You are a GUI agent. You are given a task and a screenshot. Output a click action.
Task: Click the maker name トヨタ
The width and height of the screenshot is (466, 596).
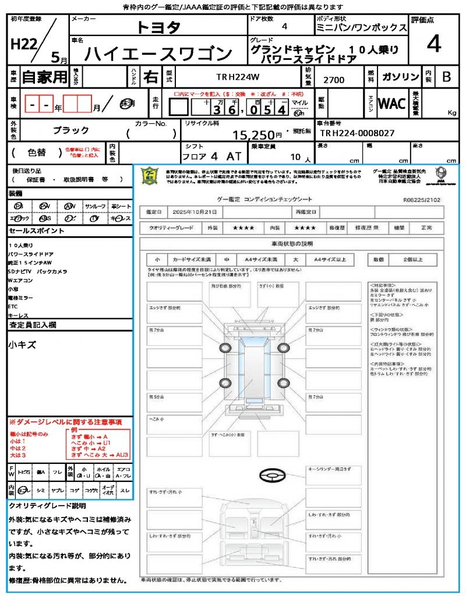158,27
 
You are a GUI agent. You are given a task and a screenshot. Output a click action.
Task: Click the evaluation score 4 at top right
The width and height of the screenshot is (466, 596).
433,44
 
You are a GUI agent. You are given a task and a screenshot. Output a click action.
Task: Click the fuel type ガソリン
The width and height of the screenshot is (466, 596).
401,77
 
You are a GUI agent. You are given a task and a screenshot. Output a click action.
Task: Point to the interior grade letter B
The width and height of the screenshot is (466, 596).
446,77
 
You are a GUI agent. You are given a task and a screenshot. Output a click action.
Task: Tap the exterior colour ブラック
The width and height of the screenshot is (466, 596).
71,130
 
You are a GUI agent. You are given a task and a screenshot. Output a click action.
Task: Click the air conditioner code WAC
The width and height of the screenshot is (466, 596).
392,104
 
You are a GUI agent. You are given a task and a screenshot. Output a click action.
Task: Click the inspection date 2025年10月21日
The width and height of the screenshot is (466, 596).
197,212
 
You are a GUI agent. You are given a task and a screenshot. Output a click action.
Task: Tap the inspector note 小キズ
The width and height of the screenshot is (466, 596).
22,345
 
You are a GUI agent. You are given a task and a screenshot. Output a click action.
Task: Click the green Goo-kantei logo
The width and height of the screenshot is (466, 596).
150,175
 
